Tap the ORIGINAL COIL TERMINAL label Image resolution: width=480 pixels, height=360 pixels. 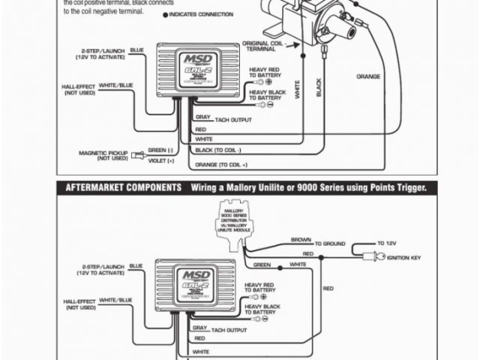(262, 46)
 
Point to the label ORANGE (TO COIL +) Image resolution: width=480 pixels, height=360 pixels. (222, 164)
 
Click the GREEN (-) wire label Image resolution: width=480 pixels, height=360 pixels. (161, 151)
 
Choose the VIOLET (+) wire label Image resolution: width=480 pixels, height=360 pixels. (160, 160)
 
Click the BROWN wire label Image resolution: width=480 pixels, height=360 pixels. (301, 240)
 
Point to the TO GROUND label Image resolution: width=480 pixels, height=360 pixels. (330, 244)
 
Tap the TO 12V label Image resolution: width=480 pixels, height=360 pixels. (386, 243)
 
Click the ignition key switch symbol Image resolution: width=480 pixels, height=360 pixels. (370, 256)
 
